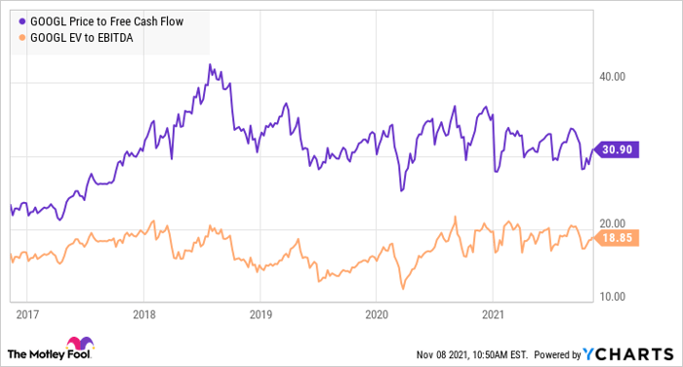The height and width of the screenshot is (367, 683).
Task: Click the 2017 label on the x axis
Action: [x=27, y=315]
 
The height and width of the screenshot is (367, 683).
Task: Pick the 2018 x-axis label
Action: [x=143, y=315]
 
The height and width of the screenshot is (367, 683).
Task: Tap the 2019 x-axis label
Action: [x=261, y=315]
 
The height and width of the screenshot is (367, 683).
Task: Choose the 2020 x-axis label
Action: [x=377, y=315]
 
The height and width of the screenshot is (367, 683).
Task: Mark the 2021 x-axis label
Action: [x=494, y=315]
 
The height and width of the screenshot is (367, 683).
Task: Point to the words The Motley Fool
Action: [x=36, y=351]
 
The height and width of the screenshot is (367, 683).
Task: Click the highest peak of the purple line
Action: [x=211, y=65]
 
